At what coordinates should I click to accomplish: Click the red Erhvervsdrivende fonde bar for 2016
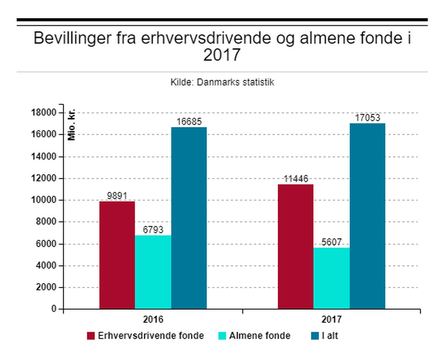117,255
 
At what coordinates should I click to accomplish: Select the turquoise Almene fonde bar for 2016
153,272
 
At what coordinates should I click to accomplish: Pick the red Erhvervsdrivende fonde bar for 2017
296,246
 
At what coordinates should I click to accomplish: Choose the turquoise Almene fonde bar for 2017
331,278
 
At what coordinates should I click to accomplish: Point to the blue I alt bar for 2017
367,216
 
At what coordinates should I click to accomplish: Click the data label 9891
117,196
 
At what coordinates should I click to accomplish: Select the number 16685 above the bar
189,122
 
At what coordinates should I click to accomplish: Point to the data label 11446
296,179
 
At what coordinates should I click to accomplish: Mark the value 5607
331,243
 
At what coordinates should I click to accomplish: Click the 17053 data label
367,118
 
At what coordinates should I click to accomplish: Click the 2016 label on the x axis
153,319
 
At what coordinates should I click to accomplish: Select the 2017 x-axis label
331,319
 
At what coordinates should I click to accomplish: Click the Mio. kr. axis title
71,126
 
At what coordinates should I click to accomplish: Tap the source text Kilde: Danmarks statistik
222,83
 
